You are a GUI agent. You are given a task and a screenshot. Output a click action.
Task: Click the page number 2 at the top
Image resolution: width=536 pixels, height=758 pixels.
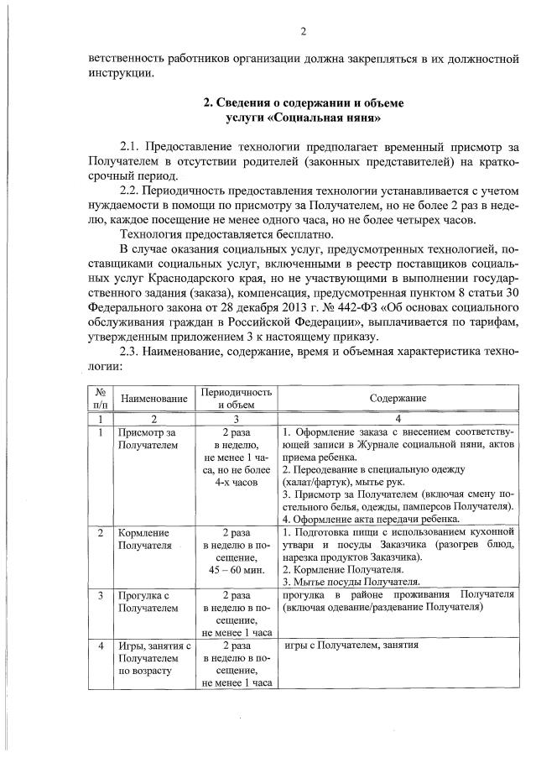tap(304, 32)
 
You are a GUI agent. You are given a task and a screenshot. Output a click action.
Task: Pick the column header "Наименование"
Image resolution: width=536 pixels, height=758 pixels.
tap(153, 398)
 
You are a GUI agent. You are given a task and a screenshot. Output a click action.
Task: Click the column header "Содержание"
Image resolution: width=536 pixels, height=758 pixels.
tap(398, 398)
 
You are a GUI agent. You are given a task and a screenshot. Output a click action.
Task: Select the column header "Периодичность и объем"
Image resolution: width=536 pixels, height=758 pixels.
tap(236, 398)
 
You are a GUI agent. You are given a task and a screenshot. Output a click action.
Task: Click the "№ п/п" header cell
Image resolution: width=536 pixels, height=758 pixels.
tap(100, 398)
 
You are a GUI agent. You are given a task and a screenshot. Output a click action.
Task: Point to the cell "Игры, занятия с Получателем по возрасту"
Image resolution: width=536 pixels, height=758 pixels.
tap(154, 659)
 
